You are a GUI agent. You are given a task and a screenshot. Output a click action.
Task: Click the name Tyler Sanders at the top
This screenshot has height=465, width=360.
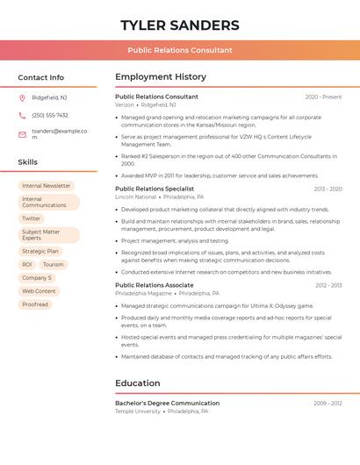click(179, 25)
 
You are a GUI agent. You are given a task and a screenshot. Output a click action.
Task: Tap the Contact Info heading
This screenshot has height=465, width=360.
click(40, 77)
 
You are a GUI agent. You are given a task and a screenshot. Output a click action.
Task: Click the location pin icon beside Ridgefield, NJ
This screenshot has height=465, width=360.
click(22, 97)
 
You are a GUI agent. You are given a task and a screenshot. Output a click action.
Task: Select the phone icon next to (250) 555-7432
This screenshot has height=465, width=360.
click(22, 115)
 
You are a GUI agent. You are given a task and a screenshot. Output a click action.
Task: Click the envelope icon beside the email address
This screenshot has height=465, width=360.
click(22, 134)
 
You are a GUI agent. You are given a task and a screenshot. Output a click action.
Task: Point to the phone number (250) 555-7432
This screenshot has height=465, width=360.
click(50, 115)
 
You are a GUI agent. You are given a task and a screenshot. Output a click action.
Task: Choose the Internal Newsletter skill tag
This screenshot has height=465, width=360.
click(46, 186)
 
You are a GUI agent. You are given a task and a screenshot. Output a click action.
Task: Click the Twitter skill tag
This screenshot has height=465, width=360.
click(32, 218)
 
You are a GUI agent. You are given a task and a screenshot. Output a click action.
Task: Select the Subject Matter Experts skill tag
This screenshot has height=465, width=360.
click(48, 235)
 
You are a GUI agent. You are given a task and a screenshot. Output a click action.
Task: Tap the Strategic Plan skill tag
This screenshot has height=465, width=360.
click(40, 252)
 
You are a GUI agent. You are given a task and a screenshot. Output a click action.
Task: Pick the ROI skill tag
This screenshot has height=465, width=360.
click(27, 264)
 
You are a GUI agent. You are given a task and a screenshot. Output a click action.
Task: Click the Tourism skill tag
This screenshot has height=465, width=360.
click(54, 264)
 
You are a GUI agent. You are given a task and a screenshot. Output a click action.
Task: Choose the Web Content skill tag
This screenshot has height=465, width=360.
click(39, 291)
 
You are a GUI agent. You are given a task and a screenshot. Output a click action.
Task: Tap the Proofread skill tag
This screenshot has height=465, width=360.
click(35, 304)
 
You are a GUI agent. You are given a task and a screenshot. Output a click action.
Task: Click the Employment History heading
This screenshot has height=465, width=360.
click(161, 77)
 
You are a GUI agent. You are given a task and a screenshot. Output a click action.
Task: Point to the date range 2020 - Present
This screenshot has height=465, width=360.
click(323, 97)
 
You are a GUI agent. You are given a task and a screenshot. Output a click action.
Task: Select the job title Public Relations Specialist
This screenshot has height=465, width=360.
click(155, 189)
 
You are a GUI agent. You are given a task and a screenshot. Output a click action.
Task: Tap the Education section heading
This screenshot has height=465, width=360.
click(138, 383)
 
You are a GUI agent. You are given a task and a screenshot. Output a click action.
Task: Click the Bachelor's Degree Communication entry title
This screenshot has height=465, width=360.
click(167, 404)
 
